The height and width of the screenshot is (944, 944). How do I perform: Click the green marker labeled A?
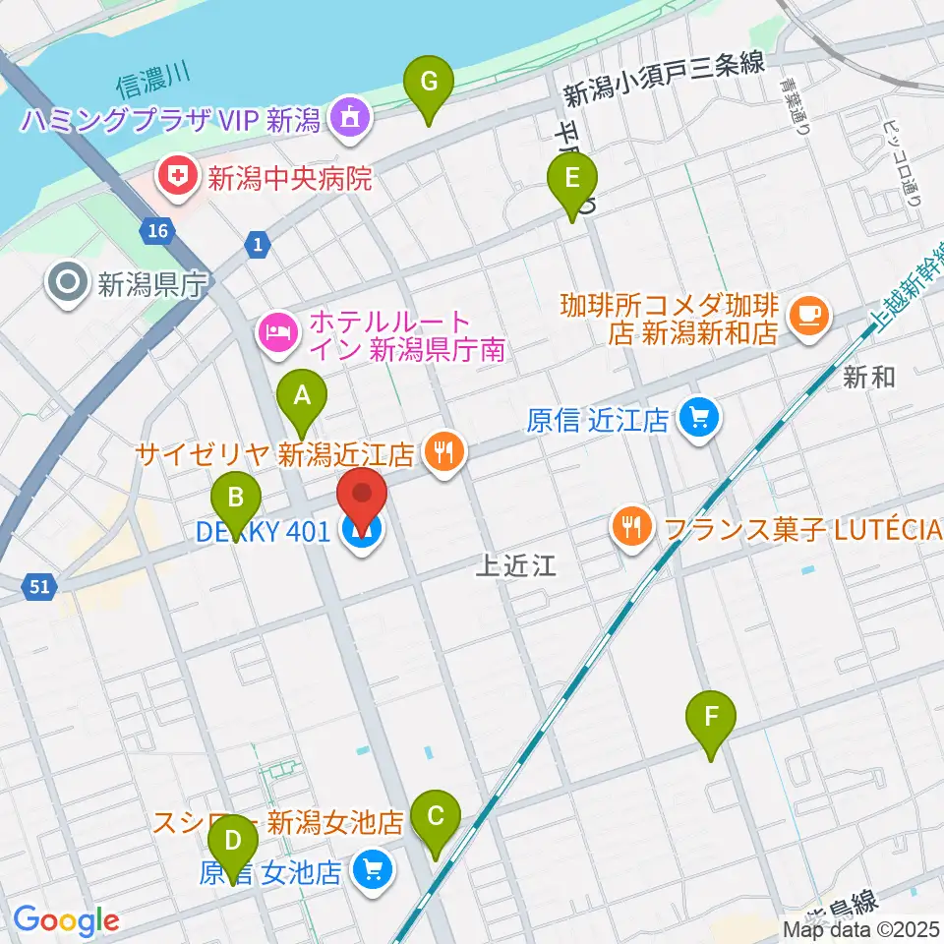click(302, 397)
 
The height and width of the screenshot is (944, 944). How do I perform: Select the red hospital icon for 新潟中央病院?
click(177, 178)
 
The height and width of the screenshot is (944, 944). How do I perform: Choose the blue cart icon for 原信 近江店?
click(700, 419)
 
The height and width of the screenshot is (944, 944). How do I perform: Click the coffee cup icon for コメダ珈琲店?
click(809, 315)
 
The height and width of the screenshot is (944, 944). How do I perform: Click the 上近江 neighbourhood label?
click(515, 564)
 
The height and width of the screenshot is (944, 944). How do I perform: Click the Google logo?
click(66, 921)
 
